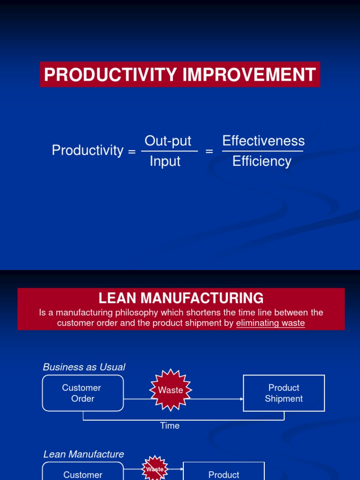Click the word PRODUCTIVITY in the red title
pyautogui.click(x=110, y=75)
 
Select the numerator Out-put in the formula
pyautogui.click(x=168, y=141)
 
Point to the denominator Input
pyautogui.click(x=165, y=161)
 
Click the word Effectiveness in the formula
pyautogui.click(x=263, y=141)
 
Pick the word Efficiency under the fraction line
pyautogui.click(x=262, y=161)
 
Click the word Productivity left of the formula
pyautogui.click(x=87, y=150)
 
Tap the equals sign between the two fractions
pyautogui.click(x=209, y=151)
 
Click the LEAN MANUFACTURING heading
pyautogui.click(x=181, y=298)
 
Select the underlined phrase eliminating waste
pyautogui.click(x=270, y=323)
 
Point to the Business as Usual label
pyautogui.click(x=84, y=367)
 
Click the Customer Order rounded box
pyautogui.click(x=83, y=393)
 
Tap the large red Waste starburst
pyautogui.click(x=171, y=390)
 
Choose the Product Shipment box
pyautogui.click(x=284, y=393)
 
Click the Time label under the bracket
pyautogui.click(x=170, y=426)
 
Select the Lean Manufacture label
pyautogui.click(x=83, y=454)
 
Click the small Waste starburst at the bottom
pyautogui.click(x=155, y=469)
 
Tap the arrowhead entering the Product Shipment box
pyautogui.click(x=241, y=399)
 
